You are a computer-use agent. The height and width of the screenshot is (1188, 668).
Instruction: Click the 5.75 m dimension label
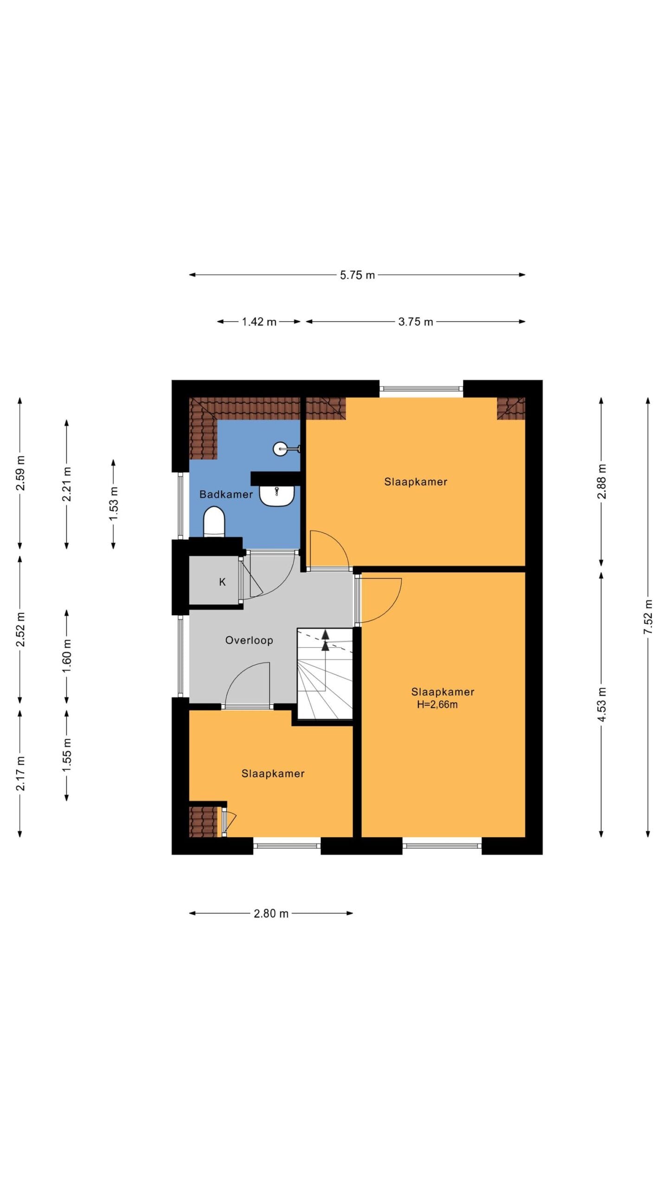pos(357,275)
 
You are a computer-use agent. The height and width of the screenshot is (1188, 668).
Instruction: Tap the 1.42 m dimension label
pos(259,322)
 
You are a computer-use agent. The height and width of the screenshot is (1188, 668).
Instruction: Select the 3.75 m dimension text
pos(416,322)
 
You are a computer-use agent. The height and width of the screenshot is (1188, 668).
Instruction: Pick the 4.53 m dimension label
pos(602,704)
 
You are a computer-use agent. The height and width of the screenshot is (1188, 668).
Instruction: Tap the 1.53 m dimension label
pos(114,504)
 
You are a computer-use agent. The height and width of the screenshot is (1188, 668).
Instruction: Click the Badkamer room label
pos(226,494)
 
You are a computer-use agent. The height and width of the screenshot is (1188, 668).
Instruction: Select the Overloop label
pos(249,640)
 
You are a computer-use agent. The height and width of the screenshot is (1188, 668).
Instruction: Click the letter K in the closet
pos(222,582)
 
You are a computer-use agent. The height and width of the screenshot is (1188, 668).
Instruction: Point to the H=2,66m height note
pos(437,704)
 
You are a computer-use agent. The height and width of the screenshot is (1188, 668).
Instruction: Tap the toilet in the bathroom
pos(214,522)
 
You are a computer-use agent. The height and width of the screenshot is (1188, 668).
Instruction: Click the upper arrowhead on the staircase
pos(326,634)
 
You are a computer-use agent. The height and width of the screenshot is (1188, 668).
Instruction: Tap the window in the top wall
pos(421,389)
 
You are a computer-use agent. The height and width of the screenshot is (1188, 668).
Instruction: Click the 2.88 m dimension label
pos(602,481)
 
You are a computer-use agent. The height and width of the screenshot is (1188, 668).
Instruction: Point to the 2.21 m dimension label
pos(67,484)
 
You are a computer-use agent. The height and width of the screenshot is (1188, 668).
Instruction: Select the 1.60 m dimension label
pos(67,656)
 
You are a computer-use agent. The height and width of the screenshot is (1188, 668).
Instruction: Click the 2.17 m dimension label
pos(20,773)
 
